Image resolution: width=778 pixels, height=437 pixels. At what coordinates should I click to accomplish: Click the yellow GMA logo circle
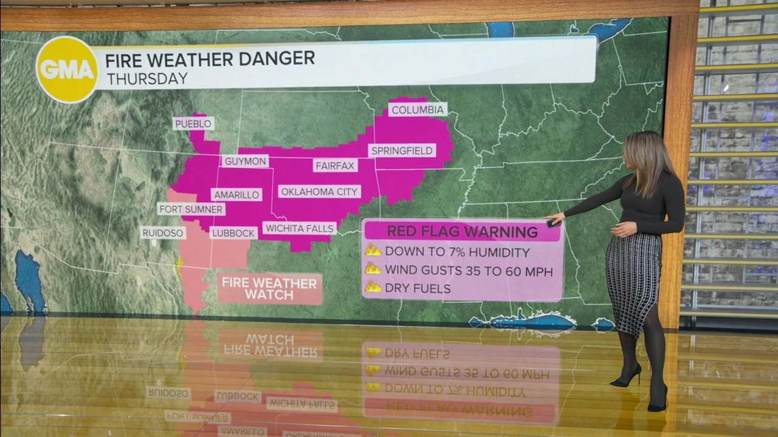pyautogui.click(x=67, y=69)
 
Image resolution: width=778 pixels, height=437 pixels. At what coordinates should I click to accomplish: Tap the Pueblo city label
pyautogui.click(x=193, y=123)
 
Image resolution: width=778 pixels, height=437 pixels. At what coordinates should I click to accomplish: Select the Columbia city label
pyautogui.click(x=418, y=110)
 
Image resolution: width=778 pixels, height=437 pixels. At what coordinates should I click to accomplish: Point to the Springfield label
pyautogui.click(x=402, y=150)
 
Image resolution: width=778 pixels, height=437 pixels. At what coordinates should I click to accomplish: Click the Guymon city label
pyautogui.click(x=245, y=161)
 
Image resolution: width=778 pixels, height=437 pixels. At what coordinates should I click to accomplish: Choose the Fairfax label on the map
pyautogui.click(x=335, y=164)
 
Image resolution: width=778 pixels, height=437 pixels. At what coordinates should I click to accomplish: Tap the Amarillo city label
pyautogui.click(x=236, y=194)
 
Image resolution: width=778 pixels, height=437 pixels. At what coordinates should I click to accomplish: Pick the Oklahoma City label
pyautogui.click(x=319, y=191)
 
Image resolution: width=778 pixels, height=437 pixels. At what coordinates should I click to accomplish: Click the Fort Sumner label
pyautogui.click(x=191, y=209)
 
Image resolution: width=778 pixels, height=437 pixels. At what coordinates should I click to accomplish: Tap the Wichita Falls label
pyautogui.click(x=300, y=228)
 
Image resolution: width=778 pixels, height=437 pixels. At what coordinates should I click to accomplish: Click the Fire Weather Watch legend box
pyautogui.click(x=269, y=288)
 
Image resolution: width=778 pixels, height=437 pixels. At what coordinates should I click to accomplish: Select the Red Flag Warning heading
pyautogui.click(x=462, y=231)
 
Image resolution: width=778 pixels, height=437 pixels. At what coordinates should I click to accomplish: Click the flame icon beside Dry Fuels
pyautogui.click(x=373, y=288)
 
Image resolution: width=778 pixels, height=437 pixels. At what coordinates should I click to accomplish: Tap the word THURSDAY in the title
pyautogui.click(x=146, y=79)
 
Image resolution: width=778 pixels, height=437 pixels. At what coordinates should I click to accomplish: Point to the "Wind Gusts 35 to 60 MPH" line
pyautogui.click(x=468, y=271)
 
